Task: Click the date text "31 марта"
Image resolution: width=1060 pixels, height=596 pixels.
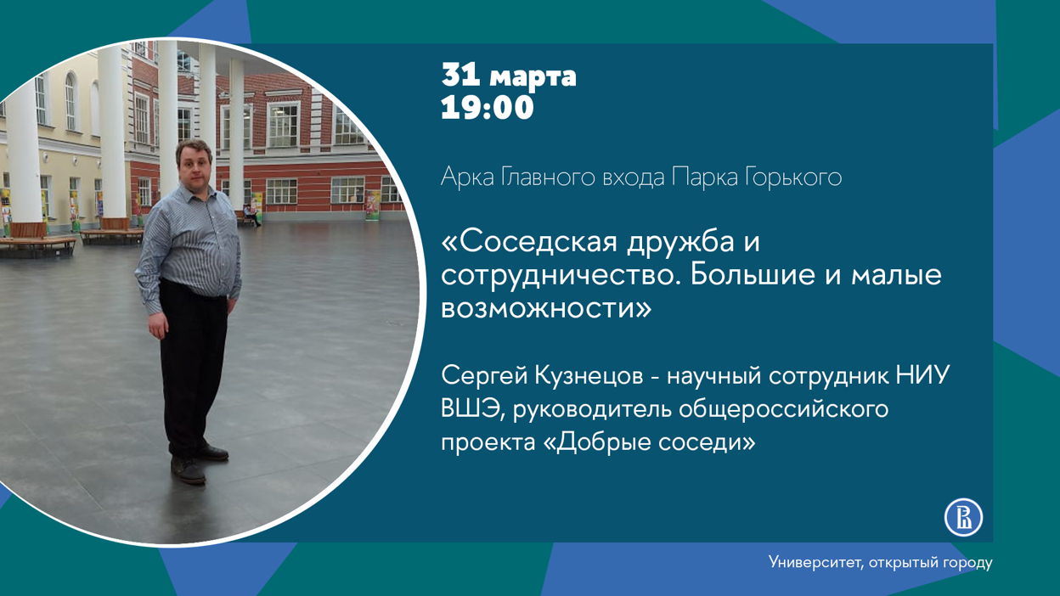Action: coord(509,76)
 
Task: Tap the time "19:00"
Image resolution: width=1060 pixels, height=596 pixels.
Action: coord(488,107)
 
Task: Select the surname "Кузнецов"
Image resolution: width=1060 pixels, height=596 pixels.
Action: coord(589,375)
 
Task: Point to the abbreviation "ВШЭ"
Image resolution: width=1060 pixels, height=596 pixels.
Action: coord(470,408)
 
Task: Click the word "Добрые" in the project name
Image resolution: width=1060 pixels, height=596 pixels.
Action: coord(603,442)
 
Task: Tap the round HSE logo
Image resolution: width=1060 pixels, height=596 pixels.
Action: coord(963,518)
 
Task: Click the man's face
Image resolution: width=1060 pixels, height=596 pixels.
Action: coord(194,163)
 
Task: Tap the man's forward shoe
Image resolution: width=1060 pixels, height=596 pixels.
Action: coord(188,470)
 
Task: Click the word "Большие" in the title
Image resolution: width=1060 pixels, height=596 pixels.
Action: coord(753,275)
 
